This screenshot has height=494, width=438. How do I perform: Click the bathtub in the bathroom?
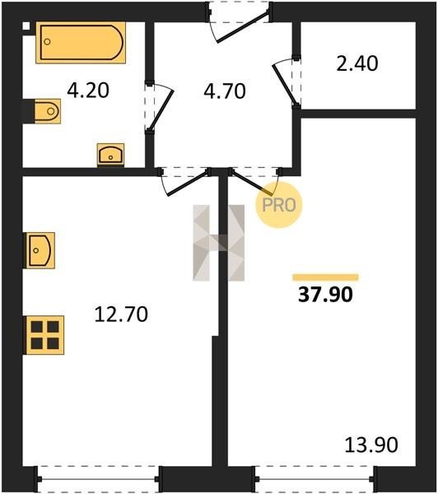[x=81, y=43]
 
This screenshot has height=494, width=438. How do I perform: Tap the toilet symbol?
[x=47, y=111]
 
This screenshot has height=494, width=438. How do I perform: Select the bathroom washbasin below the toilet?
[x=110, y=155]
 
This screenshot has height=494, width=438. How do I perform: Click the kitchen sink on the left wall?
[x=40, y=250]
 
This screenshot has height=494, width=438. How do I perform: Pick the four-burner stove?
[x=44, y=335]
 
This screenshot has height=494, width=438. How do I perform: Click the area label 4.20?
[x=88, y=91]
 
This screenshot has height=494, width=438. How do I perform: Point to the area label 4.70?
[x=225, y=91]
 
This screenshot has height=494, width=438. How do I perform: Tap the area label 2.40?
[x=357, y=64]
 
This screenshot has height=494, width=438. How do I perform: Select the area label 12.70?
[x=121, y=315]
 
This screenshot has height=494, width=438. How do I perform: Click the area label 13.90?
[x=371, y=445]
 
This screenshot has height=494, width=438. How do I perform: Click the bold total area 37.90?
[x=325, y=295]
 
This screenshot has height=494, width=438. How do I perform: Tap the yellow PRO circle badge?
[x=279, y=205]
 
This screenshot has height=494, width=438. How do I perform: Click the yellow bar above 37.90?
[x=325, y=277]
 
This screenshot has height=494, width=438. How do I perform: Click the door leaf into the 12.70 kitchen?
[x=188, y=183]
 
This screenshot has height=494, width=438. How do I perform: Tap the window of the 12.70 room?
[x=98, y=479]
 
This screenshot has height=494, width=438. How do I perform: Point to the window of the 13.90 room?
[x=315, y=479]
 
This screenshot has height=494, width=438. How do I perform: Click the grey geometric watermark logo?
[x=219, y=243]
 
